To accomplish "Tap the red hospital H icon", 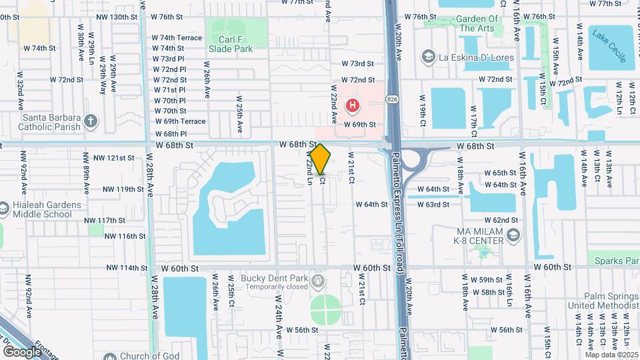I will [353, 105].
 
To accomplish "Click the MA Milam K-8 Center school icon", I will [513, 234].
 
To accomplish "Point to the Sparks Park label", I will [613, 261].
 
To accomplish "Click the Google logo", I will [22, 351].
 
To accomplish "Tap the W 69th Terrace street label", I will [180, 121].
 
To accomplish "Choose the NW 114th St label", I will [126, 268].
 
